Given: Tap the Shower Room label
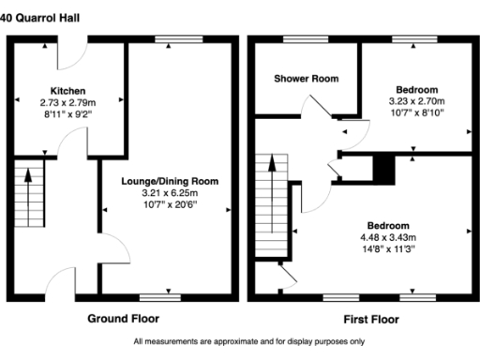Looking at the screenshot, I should click(307, 78).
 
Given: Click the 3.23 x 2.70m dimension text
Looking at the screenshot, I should click(417, 100).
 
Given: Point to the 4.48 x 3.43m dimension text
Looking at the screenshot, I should click(387, 238).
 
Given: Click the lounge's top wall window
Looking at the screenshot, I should click(170, 39).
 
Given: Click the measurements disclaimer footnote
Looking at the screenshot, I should click(240, 342).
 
